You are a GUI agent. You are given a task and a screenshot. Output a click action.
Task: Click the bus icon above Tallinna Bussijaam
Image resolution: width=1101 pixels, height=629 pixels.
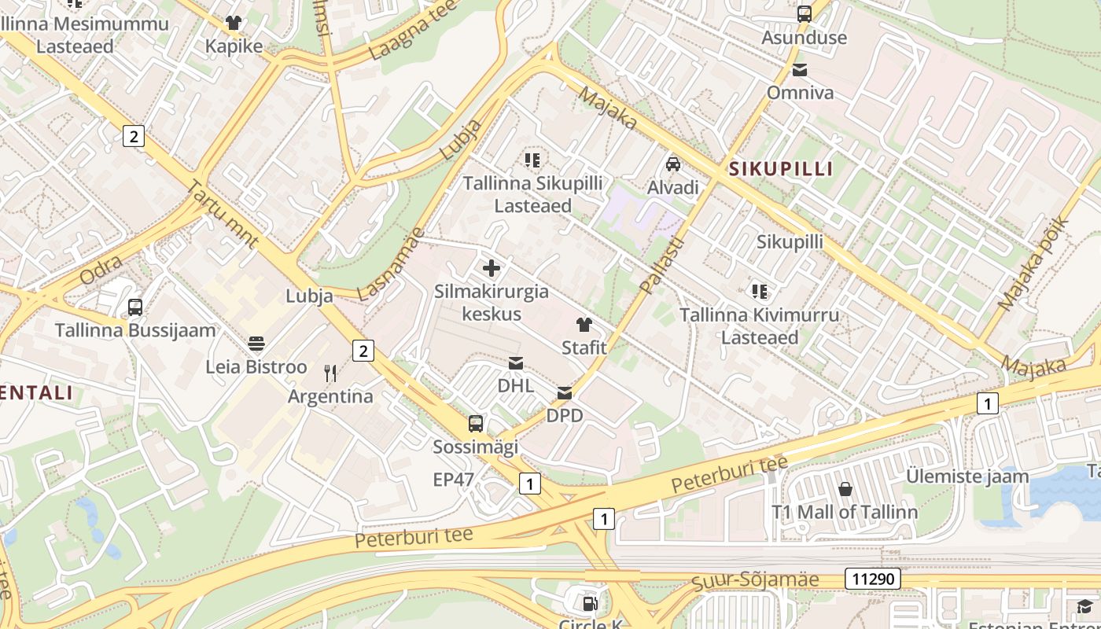tap(135, 307)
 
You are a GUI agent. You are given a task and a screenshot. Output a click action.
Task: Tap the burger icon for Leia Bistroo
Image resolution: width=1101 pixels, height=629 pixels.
tap(256, 344)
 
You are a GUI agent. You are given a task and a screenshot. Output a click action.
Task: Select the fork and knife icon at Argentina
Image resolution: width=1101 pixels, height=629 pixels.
tap(330, 373)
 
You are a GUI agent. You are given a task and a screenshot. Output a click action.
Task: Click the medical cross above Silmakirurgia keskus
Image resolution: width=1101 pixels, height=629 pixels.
tap(492, 268)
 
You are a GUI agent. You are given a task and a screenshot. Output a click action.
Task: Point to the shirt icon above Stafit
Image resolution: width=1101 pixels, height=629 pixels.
tap(584, 325)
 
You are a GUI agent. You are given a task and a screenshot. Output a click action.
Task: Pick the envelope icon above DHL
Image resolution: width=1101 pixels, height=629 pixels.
tap(516, 362)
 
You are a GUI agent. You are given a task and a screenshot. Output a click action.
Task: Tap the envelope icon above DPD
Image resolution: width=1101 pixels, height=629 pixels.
tap(565, 392)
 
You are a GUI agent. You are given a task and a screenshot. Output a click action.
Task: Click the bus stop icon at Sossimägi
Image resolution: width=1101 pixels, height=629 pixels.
tap(476, 424)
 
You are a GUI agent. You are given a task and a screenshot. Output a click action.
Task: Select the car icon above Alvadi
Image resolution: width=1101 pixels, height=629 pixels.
tap(673, 164)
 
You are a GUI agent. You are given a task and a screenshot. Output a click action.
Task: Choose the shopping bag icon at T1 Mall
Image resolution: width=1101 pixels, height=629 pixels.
tap(845, 489)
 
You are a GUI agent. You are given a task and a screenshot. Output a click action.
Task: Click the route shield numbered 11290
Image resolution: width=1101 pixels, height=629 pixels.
tap(872, 579)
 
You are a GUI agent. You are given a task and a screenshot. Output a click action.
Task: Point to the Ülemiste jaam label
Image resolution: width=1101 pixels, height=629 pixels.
tap(967, 476)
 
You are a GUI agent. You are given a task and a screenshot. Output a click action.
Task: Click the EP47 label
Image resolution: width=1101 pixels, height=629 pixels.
tap(454, 479)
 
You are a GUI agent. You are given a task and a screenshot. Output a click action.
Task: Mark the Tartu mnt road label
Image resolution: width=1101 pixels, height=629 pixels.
tap(223, 213)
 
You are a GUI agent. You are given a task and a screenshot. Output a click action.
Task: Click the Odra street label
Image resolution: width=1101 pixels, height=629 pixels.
tap(100, 270)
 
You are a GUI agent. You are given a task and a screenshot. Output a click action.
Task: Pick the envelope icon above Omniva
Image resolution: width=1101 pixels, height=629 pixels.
tap(800, 70)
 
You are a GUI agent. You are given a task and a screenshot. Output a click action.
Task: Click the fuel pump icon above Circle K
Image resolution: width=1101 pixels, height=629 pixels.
tap(590, 604)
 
